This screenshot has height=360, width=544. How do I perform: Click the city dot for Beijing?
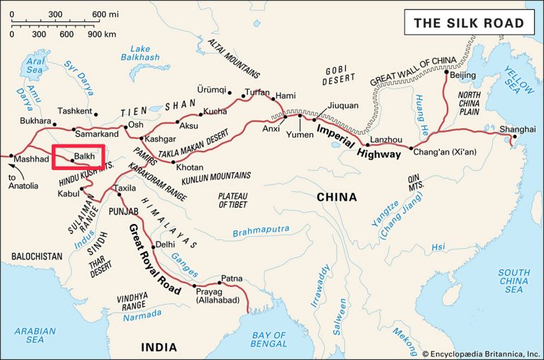click(x=446, y=72)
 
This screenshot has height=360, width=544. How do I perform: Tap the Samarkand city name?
click(x=96, y=134)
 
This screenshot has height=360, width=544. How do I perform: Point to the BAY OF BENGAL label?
click(x=271, y=340)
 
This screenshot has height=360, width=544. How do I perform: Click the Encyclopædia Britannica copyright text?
click(x=481, y=353)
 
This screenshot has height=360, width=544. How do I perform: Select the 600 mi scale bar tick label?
click(x=103, y=15)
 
